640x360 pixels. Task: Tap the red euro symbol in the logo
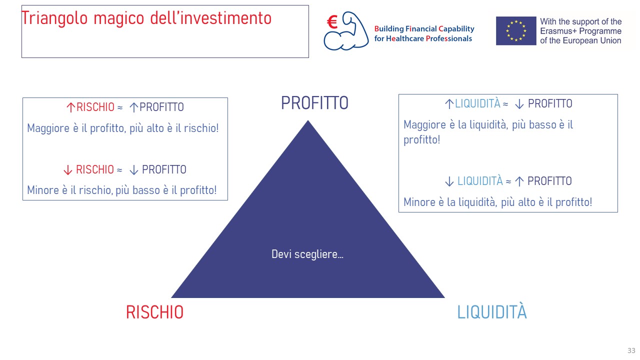(x=332, y=22)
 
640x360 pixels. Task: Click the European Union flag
(x=515, y=31)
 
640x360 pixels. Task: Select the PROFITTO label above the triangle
(x=314, y=103)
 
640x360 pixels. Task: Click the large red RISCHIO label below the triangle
(x=154, y=312)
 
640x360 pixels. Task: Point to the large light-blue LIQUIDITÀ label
(x=491, y=311)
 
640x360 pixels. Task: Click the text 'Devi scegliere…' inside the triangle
(x=307, y=254)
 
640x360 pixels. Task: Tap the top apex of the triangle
(x=308, y=120)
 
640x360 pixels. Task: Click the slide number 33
(x=631, y=350)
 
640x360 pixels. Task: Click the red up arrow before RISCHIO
(x=70, y=107)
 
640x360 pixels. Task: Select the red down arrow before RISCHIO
(x=67, y=169)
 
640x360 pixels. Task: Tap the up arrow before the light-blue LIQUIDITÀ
(x=449, y=103)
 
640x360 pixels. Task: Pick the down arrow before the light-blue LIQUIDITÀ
(x=449, y=181)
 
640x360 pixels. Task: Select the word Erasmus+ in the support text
(x=558, y=31)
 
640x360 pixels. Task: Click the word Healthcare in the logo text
(x=405, y=38)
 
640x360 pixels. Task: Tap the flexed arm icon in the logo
(x=346, y=31)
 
